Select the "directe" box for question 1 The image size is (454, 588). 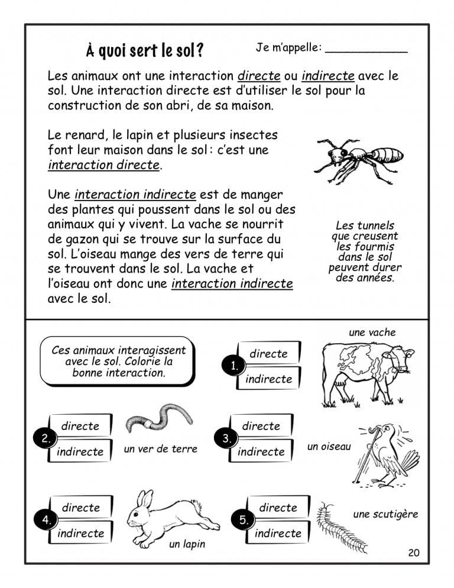click(x=268, y=354)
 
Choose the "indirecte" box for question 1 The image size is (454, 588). click(x=268, y=379)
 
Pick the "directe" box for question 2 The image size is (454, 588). click(x=80, y=426)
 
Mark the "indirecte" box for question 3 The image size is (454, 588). click(x=261, y=451)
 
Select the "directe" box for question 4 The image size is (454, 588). click(x=80, y=508)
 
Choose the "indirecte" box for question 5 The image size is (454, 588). click(x=278, y=533)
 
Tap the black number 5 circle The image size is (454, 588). click(x=244, y=520)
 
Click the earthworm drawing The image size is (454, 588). click(x=160, y=418)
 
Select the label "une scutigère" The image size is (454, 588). click(x=385, y=514)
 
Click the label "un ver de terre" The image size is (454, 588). click(x=160, y=449)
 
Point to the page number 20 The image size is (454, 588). click(x=413, y=553)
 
